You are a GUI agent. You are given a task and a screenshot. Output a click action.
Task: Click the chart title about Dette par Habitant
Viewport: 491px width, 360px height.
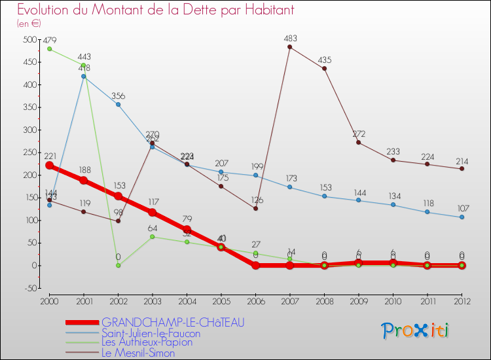[x=155, y=10]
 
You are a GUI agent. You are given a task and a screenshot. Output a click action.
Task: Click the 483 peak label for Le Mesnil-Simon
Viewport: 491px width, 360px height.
[x=290, y=39]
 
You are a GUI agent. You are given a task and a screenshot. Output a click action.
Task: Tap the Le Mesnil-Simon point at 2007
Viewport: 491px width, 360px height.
[x=290, y=46]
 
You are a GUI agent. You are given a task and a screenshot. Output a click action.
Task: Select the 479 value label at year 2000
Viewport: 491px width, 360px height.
[x=49, y=41]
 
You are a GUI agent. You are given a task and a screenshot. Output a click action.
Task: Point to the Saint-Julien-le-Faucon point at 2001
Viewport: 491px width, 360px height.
[x=84, y=77]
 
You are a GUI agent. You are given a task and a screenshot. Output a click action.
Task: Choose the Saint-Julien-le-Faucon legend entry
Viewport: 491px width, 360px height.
[x=151, y=333]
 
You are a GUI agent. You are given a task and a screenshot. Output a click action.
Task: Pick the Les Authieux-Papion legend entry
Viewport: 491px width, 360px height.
[x=147, y=342]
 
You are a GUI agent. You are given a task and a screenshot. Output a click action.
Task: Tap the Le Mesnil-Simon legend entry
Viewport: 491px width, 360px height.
[x=138, y=353]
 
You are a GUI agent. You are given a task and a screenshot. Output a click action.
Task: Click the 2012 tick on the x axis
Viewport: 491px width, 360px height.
[x=462, y=301]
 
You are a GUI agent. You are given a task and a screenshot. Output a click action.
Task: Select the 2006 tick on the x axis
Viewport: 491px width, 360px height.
[x=255, y=301]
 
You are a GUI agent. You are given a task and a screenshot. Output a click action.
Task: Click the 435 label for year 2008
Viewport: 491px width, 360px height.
[x=324, y=60]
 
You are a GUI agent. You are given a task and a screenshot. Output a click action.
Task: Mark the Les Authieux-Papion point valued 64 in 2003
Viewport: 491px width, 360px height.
[x=153, y=236]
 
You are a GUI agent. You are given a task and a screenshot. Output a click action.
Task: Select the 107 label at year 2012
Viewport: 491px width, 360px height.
[x=462, y=209]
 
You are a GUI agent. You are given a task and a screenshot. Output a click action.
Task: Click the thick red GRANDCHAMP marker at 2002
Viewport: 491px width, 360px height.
[x=118, y=196]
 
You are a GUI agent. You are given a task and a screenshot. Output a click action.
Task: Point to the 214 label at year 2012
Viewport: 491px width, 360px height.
[x=462, y=160]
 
